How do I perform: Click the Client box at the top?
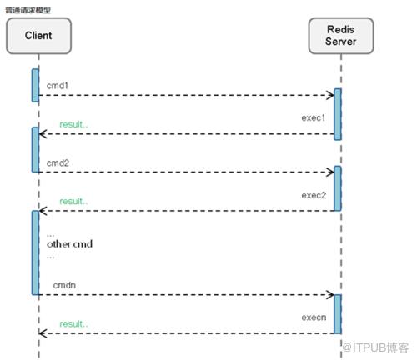[x=38, y=36]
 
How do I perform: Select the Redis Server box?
[x=341, y=36]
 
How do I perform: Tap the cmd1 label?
[x=58, y=86]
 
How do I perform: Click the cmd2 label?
[x=58, y=162]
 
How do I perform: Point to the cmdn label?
[x=64, y=285]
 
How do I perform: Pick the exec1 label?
[x=314, y=117]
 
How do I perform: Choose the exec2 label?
[x=314, y=195]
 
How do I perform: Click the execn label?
[x=314, y=317]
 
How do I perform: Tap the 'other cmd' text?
[x=69, y=244]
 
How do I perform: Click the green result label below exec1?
[x=73, y=124]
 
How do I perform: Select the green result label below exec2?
[x=73, y=201]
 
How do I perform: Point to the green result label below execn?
[x=73, y=324]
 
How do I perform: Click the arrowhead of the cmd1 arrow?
[x=333, y=95]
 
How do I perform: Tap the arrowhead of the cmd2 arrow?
[x=333, y=172]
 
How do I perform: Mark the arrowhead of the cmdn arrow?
[x=333, y=294]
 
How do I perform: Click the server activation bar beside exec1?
[x=338, y=114]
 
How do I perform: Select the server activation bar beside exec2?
[x=338, y=188]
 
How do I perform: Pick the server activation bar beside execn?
[x=338, y=314]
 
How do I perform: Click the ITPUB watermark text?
[x=375, y=347]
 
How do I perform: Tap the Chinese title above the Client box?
[x=28, y=10]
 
